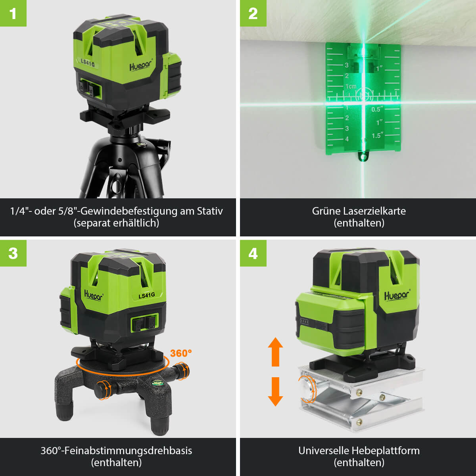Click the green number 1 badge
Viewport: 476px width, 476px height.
pyautogui.click(x=13, y=13)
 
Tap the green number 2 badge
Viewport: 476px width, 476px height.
pyautogui.click(x=253, y=13)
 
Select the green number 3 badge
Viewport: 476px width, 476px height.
pyautogui.click(x=13, y=253)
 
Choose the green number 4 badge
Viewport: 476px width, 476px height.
pyautogui.click(x=253, y=253)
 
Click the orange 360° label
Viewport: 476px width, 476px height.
pyautogui.click(x=181, y=353)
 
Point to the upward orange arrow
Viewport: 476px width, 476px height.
pyautogui.click(x=275, y=351)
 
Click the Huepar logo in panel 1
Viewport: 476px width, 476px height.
pyautogui.click(x=141, y=65)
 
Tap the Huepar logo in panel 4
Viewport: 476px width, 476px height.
pyautogui.click(x=397, y=296)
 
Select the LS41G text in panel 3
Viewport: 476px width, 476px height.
pyautogui.click(x=146, y=296)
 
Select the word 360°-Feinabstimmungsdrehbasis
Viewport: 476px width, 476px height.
pyautogui.click(x=116, y=451)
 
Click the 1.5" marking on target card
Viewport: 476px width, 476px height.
pyautogui.click(x=378, y=136)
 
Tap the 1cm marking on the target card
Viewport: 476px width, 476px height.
pyautogui.click(x=350, y=86)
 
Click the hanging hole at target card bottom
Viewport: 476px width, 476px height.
pyautogui.click(x=363, y=157)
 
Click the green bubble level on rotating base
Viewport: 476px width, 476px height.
pyautogui.click(x=155, y=383)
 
